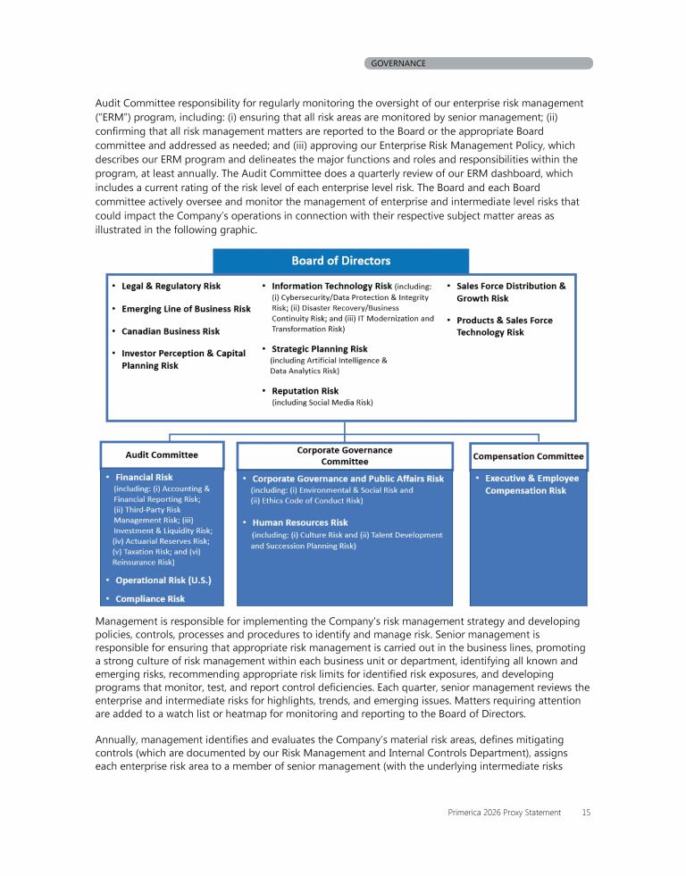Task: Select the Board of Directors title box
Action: pyautogui.click(x=340, y=261)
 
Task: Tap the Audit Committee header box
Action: pyautogui.click(x=162, y=455)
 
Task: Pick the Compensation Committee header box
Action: pyautogui.click(x=528, y=456)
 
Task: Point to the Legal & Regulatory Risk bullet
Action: pyautogui.click(x=171, y=286)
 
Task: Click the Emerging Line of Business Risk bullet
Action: pyautogui.click(x=186, y=309)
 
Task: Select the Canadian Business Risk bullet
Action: pyautogui.click(x=171, y=331)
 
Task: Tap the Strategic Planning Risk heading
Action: pyautogui.click(x=319, y=349)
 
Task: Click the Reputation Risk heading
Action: pyautogui.click(x=305, y=391)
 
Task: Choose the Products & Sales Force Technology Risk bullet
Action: pyautogui.click(x=504, y=326)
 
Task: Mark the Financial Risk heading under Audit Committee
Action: pyautogui.click(x=144, y=478)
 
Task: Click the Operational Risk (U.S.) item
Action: pyautogui.click(x=163, y=580)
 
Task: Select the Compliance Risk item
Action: pyautogui.click(x=150, y=599)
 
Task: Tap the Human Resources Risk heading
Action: pyautogui.click(x=300, y=522)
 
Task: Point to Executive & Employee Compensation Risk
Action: pyautogui.click(x=531, y=484)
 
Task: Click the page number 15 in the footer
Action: pyautogui.click(x=586, y=813)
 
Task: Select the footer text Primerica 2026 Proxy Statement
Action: pyautogui.click(x=505, y=813)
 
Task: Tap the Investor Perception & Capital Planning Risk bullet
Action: pyautogui.click(x=182, y=359)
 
